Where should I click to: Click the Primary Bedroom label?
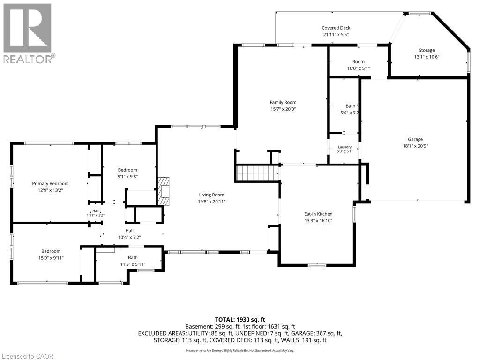coord(50,184)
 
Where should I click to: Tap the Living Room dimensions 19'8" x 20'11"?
coord(211,202)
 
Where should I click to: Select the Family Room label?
coord(283,102)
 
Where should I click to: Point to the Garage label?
coord(415,139)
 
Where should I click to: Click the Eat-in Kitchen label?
coord(318,214)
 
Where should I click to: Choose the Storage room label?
coord(427,50)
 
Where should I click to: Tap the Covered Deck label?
coord(336,28)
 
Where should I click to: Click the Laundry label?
coord(345,147)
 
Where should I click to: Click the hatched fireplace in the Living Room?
coord(164,191)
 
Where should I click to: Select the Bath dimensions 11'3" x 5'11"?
coord(133,264)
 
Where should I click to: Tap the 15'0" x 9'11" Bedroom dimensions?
coord(51,258)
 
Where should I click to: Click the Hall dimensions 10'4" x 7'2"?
coord(129,237)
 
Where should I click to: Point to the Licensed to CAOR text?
coord(27,356)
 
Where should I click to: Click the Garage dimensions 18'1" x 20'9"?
coord(415,146)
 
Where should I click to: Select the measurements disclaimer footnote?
coord(240,350)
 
